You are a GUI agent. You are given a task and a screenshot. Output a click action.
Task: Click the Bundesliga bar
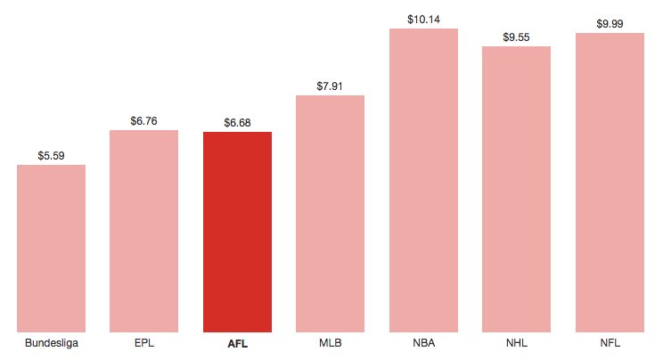(x=51, y=249)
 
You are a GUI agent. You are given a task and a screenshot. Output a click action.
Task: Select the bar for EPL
(x=143, y=231)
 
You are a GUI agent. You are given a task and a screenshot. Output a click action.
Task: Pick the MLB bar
(x=330, y=214)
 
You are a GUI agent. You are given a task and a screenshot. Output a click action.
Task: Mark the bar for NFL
(x=610, y=183)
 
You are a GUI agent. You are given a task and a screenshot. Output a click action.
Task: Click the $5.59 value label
(x=51, y=155)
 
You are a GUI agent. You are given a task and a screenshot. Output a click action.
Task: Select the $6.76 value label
(x=143, y=120)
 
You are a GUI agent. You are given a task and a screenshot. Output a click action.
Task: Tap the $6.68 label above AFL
(x=237, y=122)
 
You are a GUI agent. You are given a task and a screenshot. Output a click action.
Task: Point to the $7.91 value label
(x=330, y=86)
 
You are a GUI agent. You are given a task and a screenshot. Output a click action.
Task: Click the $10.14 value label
(x=423, y=19)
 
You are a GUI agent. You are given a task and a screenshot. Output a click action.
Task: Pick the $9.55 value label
(x=516, y=37)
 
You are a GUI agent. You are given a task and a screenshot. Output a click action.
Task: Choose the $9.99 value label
(x=610, y=23)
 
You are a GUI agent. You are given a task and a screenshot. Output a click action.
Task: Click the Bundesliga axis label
(x=51, y=343)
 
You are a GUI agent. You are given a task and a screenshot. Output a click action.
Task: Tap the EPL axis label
(x=143, y=343)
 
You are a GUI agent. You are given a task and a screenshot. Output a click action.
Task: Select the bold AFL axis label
(x=237, y=343)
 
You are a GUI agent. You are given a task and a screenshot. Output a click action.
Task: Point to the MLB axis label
(x=330, y=343)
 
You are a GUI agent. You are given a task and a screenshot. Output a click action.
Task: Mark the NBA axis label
(x=423, y=343)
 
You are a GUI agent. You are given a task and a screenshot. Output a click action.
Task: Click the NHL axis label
(x=516, y=343)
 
